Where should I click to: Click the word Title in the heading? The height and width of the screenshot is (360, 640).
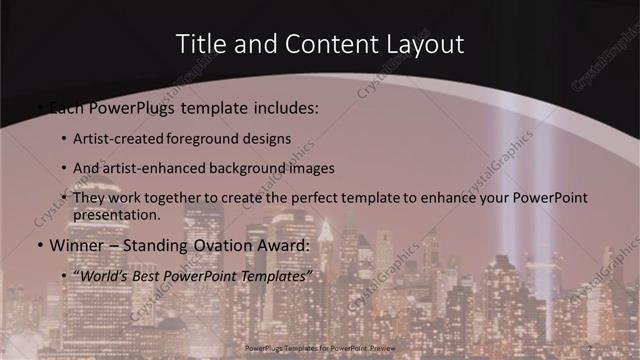coord(200,44)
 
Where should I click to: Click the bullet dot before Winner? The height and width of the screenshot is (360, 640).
coord(39,244)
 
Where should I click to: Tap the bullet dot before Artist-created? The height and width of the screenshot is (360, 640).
coord(65,139)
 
